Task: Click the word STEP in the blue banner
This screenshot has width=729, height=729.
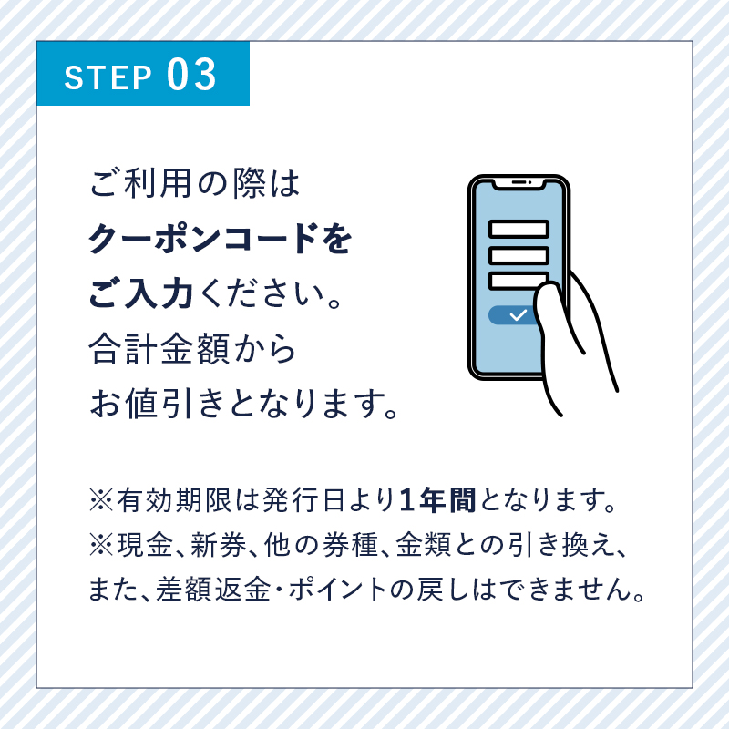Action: click(x=108, y=77)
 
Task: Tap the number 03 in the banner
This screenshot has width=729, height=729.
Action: click(x=191, y=75)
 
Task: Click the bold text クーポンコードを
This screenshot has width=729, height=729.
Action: click(x=220, y=239)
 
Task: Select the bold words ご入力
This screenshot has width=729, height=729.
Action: click(x=141, y=293)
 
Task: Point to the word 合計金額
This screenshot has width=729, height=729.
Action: click(x=159, y=349)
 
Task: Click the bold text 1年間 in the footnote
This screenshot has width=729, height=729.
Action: click(x=437, y=500)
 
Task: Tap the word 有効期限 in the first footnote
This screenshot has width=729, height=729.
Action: click(x=174, y=500)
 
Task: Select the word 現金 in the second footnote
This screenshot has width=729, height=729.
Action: click(x=146, y=545)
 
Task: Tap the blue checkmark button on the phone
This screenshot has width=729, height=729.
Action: click(x=513, y=315)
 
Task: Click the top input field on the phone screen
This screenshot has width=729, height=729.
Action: click(x=519, y=230)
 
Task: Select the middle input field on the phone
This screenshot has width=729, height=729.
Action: click(x=519, y=255)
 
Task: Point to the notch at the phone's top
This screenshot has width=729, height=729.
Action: click(x=519, y=184)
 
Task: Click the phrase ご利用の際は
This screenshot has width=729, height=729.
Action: click(x=194, y=183)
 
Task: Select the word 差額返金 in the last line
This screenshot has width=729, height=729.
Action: click(x=213, y=589)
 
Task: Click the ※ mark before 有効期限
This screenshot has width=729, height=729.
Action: click(x=101, y=500)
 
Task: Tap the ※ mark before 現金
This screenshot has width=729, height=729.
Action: click(x=101, y=545)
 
